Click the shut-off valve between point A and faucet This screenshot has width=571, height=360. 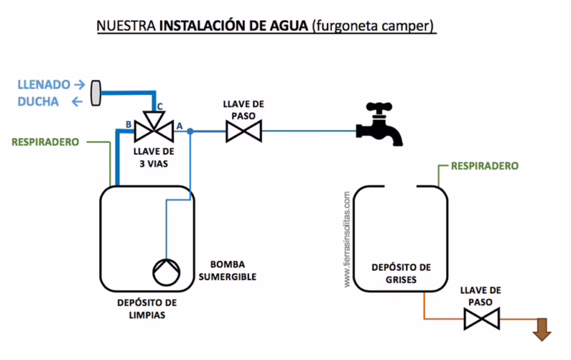coord(243,131)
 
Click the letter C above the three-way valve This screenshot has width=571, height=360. coord(160,106)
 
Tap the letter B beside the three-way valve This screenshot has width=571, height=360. coord(128,125)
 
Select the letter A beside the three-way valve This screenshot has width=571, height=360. coord(179,125)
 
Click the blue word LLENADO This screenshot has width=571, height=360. coord(44,84)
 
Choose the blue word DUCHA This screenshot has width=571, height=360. coord(39,101)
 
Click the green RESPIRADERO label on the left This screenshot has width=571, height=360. coord(45,141)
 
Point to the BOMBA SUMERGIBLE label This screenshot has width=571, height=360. coord(233,271)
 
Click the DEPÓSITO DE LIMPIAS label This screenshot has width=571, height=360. coord(147,308)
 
